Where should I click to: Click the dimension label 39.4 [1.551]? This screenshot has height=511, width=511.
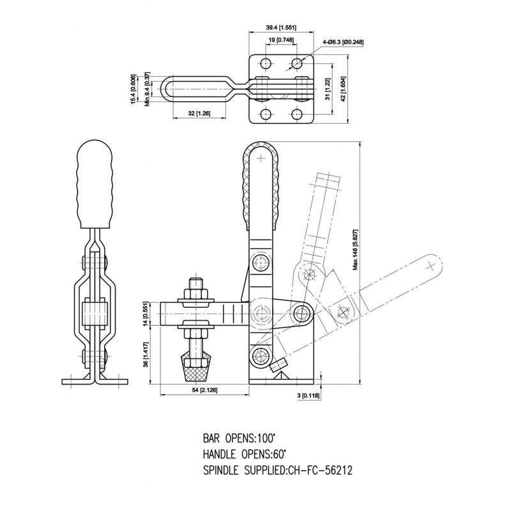pos(281,27)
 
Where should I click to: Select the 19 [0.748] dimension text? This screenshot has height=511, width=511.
pos(281,40)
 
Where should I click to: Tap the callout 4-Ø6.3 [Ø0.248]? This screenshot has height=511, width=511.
pos(343,42)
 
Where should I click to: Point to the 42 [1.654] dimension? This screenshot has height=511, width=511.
pos(344,89)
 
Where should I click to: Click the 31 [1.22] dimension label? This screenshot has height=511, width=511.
pos(328,89)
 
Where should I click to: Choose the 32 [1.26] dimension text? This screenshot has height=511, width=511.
pos(199,114)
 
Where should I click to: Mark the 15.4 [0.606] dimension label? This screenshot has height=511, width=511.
pos(133,89)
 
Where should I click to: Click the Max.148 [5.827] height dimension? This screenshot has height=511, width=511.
pos(356,250)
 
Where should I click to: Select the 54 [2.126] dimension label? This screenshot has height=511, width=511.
pos(204,390)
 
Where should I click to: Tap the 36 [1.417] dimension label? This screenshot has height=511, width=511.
pos(146,355)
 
